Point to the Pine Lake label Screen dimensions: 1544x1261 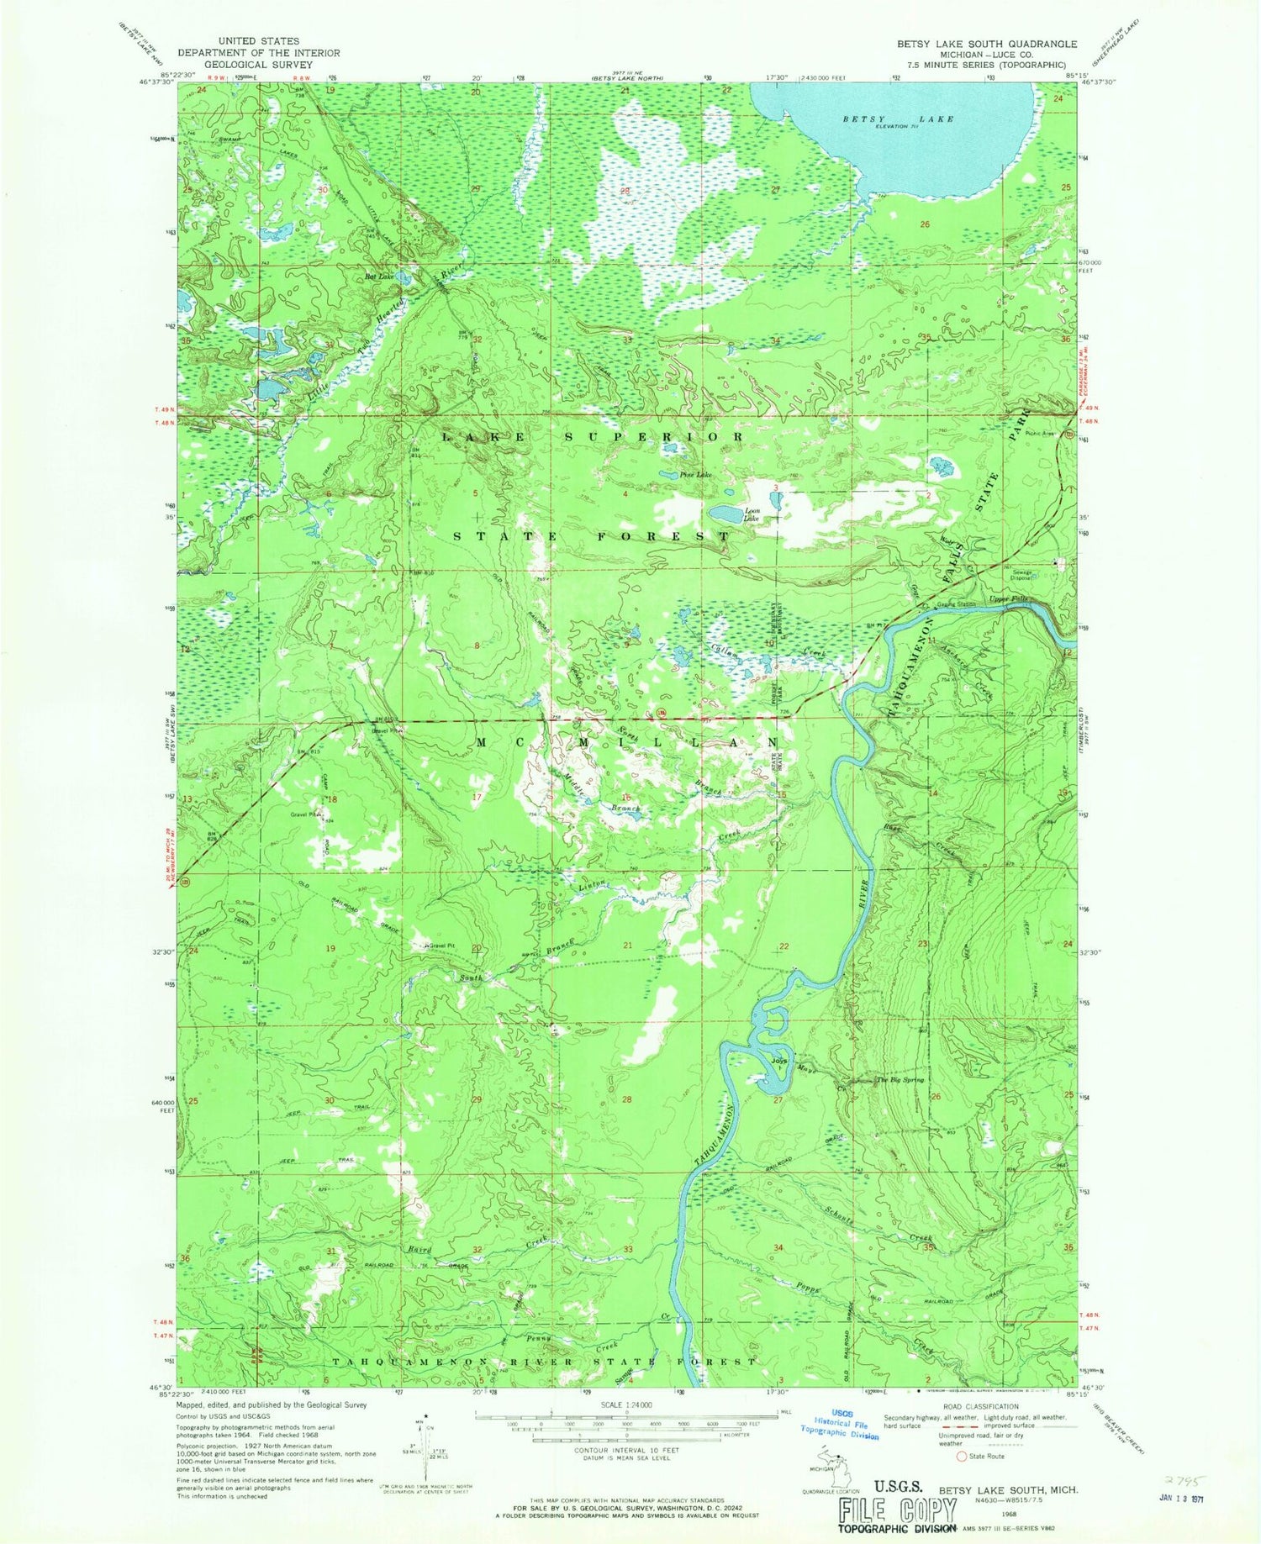click(696, 475)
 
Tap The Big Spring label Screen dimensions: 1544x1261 click(900, 1080)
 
